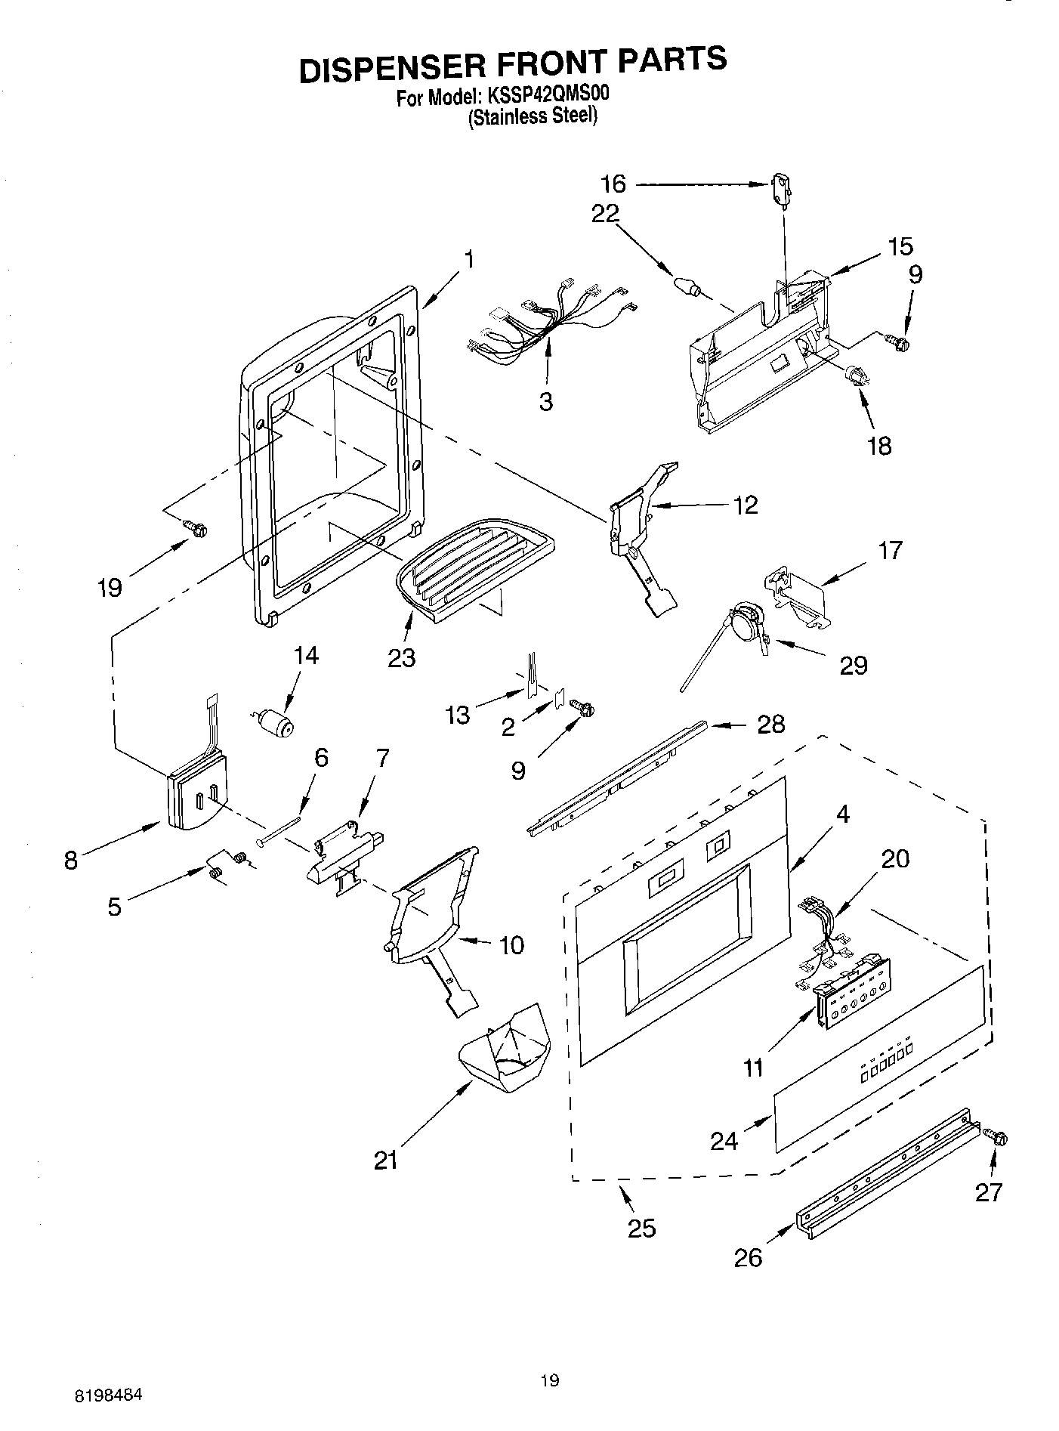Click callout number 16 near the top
pyautogui.click(x=613, y=184)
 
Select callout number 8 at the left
pyautogui.click(x=70, y=860)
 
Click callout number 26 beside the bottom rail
pyautogui.click(x=749, y=1257)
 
